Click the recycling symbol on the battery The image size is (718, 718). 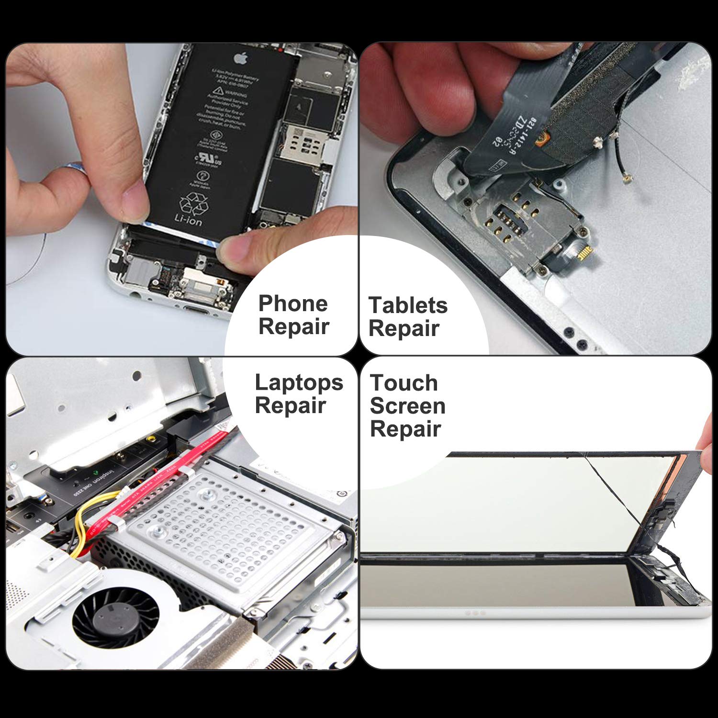(x=194, y=203)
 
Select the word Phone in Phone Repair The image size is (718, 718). (x=293, y=303)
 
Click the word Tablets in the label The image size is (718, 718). (x=408, y=305)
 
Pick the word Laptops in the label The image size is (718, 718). (x=299, y=382)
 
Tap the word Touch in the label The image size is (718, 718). (x=404, y=383)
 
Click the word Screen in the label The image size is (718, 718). (x=407, y=406)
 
